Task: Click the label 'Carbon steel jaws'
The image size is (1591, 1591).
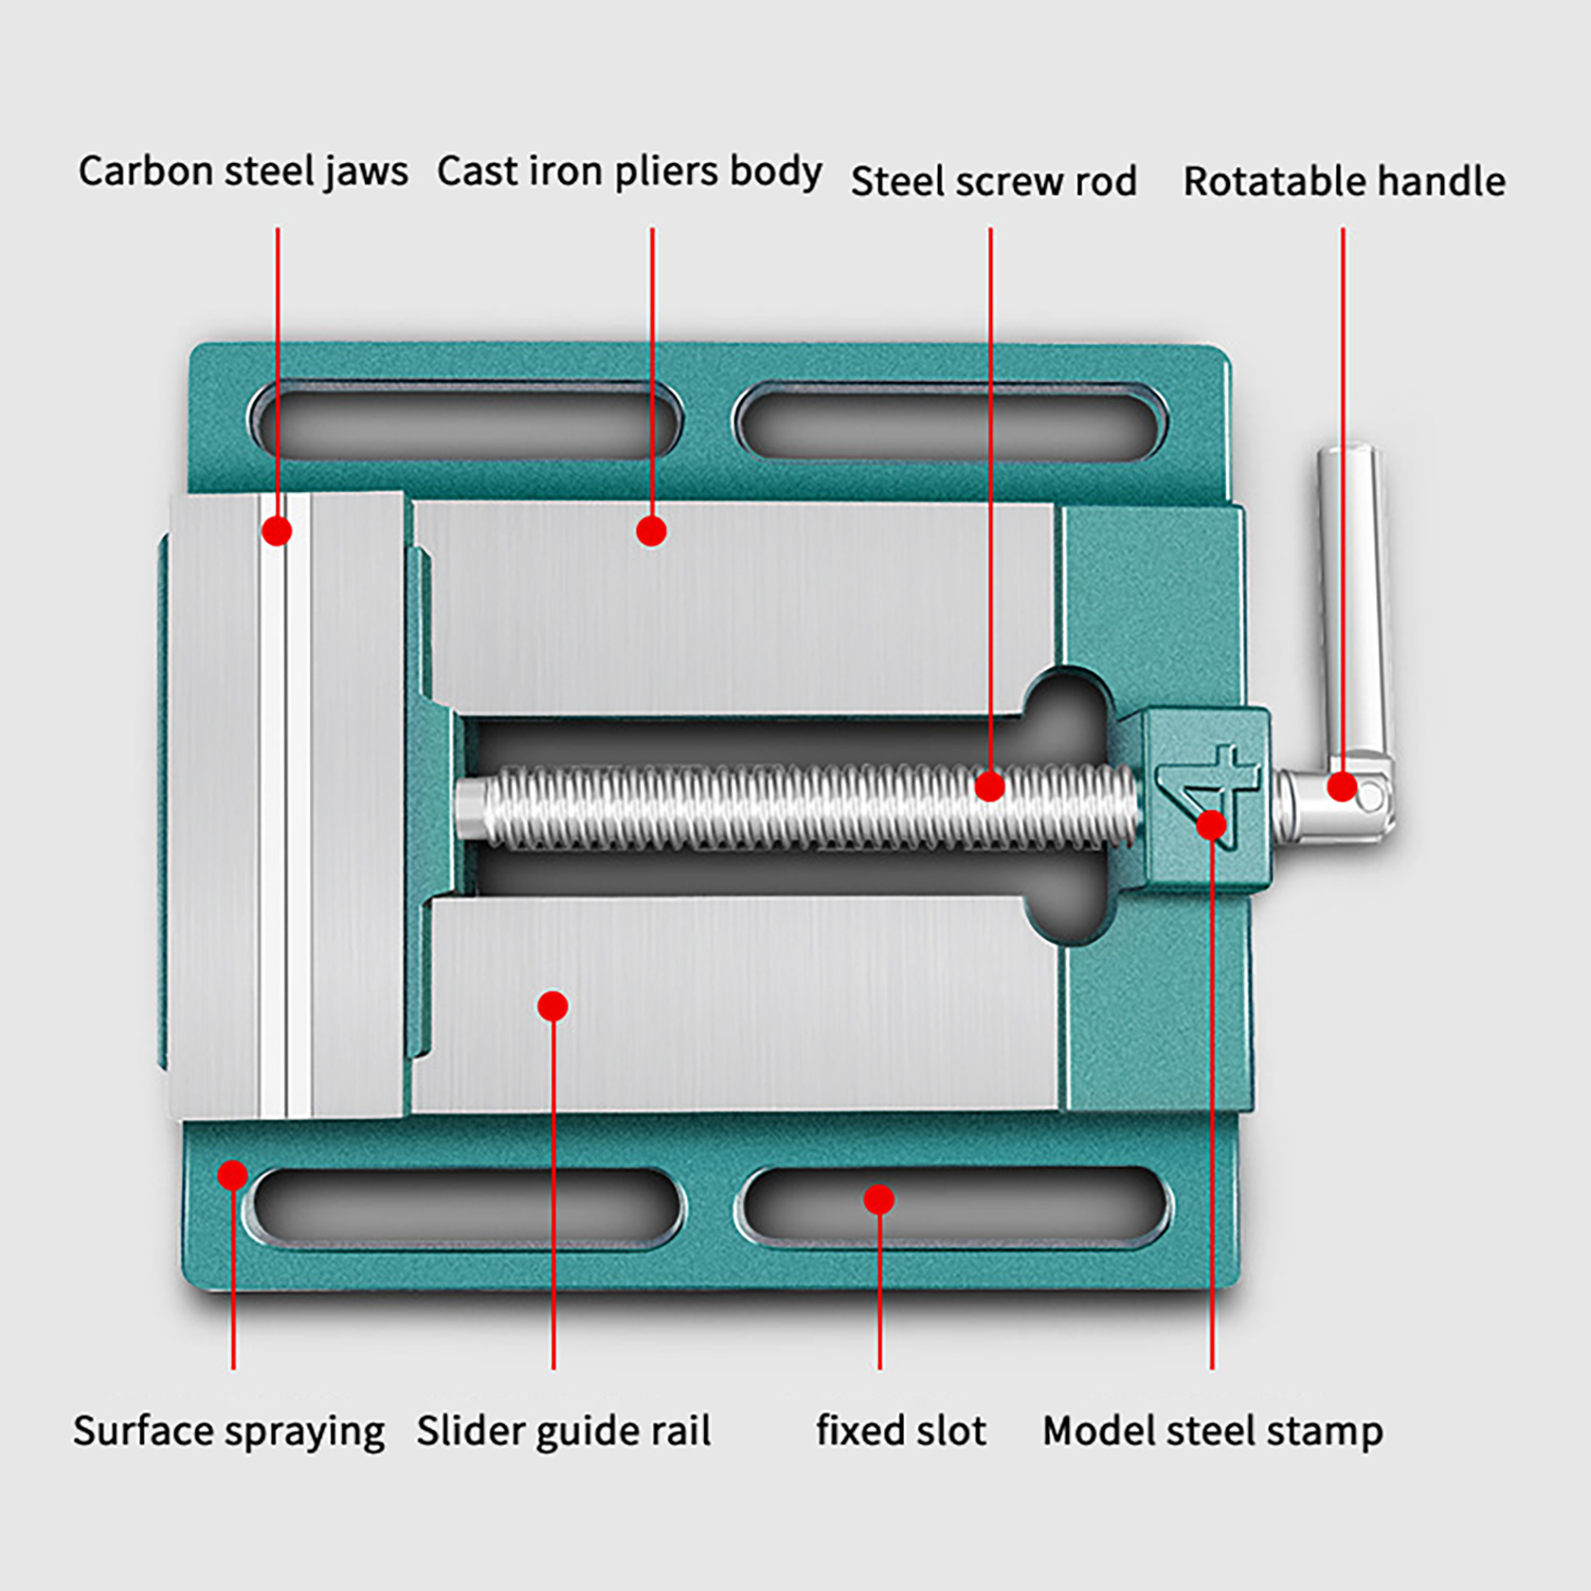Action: tap(243, 171)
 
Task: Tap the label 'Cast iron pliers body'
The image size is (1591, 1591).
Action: tap(628, 171)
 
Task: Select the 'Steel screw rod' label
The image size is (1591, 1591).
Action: tap(992, 182)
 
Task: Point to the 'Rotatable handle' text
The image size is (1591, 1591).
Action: tap(1343, 182)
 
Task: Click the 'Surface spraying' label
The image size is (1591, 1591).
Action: tap(229, 1432)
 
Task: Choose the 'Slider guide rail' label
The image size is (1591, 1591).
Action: tap(563, 1432)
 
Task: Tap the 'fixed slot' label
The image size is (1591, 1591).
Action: tap(901, 1432)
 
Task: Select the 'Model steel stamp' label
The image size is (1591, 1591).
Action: tap(1212, 1432)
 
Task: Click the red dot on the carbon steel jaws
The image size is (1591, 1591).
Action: tap(277, 531)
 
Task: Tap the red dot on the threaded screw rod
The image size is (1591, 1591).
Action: tap(989, 787)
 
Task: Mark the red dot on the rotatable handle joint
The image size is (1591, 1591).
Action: tap(1342, 787)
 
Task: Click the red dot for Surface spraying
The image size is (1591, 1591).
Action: tap(233, 1175)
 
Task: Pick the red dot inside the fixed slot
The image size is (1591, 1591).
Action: tap(879, 1199)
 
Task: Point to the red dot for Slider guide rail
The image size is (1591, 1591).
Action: tap(553, 1006)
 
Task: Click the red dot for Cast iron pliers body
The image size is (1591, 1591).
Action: tap(651, 531)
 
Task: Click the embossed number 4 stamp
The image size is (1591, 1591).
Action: tap(1208, 786)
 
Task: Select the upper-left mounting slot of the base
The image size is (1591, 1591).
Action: tap(465, 422)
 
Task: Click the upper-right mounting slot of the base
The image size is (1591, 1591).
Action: tap(950, 422)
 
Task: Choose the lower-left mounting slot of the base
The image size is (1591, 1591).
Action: tap(467, 1205)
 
